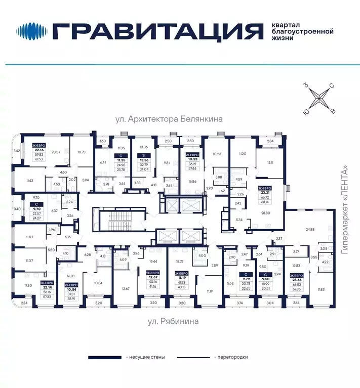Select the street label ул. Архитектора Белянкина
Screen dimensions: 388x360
click(170, 120)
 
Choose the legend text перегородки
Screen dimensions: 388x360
click(231, 357)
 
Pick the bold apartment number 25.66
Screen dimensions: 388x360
click(296, 280)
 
